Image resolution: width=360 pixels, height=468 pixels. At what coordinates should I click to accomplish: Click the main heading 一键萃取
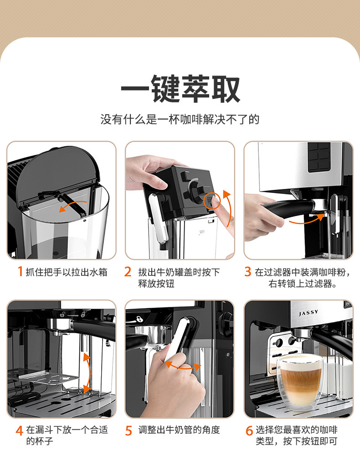pyautogui.click(x=180, y=89)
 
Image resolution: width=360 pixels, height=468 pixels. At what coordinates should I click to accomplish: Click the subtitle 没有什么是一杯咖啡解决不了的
pyautogui.click(x=180, y=120)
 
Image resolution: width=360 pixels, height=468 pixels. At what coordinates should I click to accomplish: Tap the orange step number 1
pyautogui.click(x=20, y=272)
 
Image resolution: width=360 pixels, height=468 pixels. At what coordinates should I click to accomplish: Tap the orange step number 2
pyautogui.click(x=128, y=272)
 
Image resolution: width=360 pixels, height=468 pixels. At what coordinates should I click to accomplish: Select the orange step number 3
pyautogui.click(x=248, y=272)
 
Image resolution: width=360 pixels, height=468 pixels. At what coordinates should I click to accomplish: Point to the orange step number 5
pyautogui.click(x=129, y=430)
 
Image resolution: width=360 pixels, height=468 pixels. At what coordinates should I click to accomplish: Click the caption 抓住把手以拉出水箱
pyautogui.click(x=67, y=272)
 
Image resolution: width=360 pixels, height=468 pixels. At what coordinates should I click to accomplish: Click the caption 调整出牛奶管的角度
pyautogui.click(x=179, y=430)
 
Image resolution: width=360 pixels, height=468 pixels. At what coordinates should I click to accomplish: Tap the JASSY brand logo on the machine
pyautogui.click(x=309, y=313)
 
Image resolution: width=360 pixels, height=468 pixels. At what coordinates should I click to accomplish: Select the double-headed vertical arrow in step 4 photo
pyautogui.click(x=86, y=372)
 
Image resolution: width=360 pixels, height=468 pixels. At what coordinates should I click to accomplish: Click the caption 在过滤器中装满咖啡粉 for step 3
pyautogui.click(x=303, y=272)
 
